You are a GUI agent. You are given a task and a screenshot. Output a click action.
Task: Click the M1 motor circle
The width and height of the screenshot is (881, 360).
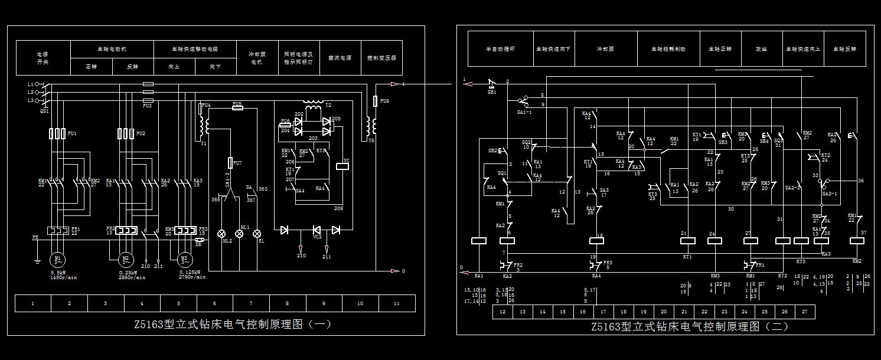click(58, 258)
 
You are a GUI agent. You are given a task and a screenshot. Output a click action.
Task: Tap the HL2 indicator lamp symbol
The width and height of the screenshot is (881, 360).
click(223, 234)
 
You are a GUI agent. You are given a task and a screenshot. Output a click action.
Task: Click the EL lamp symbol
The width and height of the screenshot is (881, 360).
click(257, 234)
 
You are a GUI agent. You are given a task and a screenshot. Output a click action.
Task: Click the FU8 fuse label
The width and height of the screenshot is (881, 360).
click(384, 101)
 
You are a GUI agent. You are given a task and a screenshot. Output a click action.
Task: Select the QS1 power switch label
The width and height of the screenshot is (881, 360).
click(44, 110)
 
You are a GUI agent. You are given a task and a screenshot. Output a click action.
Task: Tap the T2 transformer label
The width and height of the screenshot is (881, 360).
click(328, 105)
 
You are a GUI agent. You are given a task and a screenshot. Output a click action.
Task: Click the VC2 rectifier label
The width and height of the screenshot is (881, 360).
click(317, 237)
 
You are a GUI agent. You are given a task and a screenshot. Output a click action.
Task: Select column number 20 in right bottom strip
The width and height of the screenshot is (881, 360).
click(664, 312)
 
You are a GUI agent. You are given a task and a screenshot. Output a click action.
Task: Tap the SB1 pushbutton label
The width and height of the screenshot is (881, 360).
click(492, 92)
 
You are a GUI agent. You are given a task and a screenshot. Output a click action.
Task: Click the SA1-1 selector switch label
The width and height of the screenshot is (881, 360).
click(525, 112)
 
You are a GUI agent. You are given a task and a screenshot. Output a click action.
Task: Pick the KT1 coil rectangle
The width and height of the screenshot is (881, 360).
click(687, 240)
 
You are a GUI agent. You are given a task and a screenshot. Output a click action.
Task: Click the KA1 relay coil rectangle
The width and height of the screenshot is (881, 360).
click(478, 241)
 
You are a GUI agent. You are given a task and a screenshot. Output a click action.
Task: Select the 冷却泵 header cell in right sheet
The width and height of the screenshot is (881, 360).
click(606, 49)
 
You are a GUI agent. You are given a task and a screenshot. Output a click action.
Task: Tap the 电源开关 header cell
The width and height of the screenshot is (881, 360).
click(43, 58)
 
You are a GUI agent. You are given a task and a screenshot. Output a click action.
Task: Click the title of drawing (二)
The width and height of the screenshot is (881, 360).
click(689, 326)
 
